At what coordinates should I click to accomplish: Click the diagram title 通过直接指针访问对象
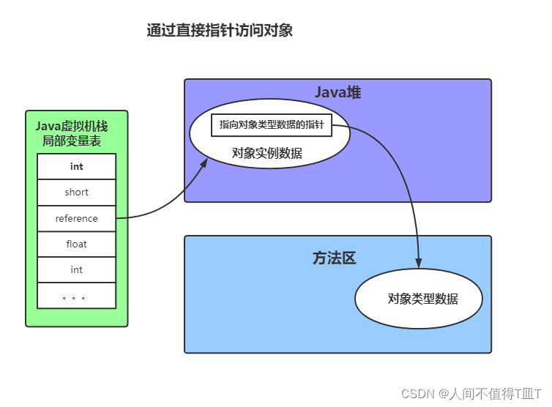point(220,30)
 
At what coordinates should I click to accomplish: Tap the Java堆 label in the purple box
point(337,93)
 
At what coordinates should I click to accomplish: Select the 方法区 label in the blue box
point(334,258)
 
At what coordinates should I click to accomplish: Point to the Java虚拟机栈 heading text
point(72,127)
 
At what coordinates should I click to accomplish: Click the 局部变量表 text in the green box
point(72,141)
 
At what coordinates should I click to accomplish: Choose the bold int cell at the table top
point(77,166)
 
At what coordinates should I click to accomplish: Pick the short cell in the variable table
point(77,193)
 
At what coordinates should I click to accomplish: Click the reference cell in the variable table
point(77,218)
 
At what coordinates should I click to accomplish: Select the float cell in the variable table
point(77,244)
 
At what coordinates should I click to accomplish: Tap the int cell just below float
point(77,269)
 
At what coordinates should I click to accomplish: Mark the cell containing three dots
point(77,296)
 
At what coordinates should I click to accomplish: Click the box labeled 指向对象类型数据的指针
point(272,125)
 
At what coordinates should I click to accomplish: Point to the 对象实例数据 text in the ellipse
point(267,153)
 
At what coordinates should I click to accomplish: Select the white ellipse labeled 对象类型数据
point(419,299)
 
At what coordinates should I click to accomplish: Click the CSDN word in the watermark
point(419,393)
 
